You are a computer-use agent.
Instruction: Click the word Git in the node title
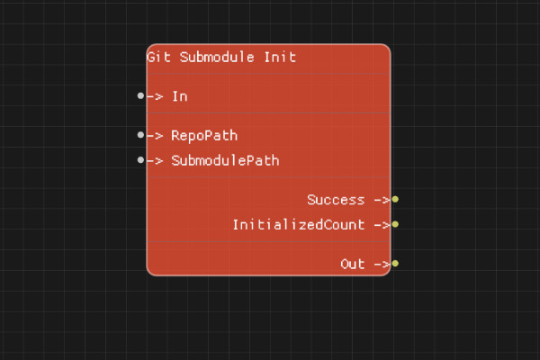(158, 57)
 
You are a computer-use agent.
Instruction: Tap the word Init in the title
(279, 57)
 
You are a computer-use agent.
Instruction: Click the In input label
(179, 95)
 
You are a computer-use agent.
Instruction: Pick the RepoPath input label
(204, 136)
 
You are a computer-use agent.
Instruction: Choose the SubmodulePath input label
(225, 161)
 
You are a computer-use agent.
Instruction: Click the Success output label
(335, 200)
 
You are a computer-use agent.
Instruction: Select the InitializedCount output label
(298, 225)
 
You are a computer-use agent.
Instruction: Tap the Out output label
(352, 265)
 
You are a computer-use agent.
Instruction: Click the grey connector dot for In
(140, 95)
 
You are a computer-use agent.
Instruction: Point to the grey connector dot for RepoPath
(140, 135)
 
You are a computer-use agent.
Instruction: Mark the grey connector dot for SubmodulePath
(140, 160)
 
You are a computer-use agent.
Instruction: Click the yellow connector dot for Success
(395, 200)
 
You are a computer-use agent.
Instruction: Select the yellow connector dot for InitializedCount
(395, 225)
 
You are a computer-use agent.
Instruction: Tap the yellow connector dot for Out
(395, 265)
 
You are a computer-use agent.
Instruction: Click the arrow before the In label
(155, 95)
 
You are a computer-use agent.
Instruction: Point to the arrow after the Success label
(381, 200)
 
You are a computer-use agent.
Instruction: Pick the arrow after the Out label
(381, 265)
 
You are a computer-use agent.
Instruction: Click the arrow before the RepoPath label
(155, 136)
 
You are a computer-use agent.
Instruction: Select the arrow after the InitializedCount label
(381, 225)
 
